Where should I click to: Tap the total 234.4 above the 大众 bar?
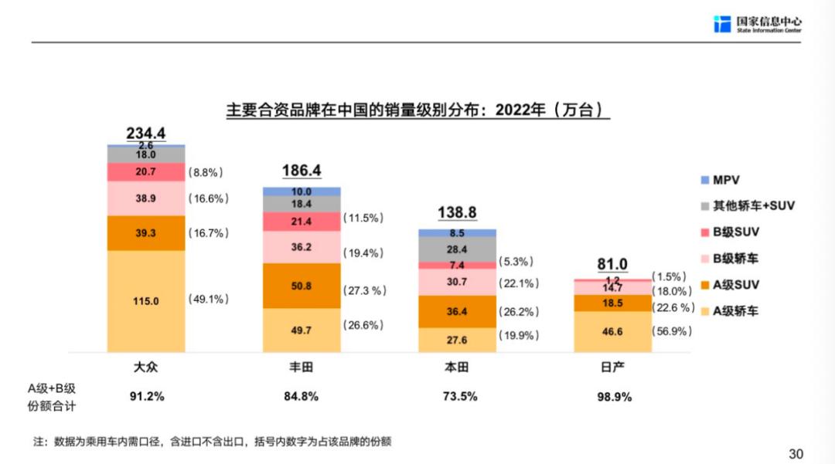(x=146, y=133)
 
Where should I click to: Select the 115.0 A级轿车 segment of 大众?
(x=146, y=301)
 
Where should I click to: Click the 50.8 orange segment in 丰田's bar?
(x=302, y=286)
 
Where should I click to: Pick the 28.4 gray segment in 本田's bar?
(x=457, y=249)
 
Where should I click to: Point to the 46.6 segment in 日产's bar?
(x=612, y=331)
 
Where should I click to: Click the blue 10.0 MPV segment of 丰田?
(x=302, y=191)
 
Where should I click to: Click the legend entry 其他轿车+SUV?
(x=747, y=206)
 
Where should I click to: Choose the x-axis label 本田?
(x=457, y=367)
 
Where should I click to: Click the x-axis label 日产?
(x=612, y=367)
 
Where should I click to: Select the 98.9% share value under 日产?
(x=612, y=397)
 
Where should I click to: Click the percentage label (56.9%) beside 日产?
(x=671, y=331)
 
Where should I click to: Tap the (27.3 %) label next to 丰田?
(x=364, y=290)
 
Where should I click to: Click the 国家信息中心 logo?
(x=757, y=23)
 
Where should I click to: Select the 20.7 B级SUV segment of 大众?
(x=146, y=171)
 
